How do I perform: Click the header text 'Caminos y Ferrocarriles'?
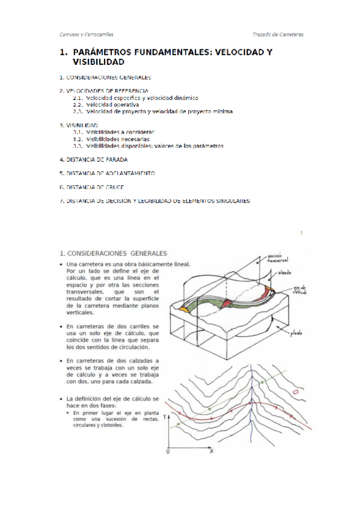coord(87,34)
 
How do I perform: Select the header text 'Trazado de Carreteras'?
coord(278,34)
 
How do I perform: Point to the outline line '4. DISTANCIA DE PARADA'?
coord(93,159)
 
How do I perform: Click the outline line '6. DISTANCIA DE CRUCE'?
coord(91,187)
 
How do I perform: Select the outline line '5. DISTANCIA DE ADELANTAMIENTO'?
coord(107,173)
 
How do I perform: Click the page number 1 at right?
coord(301,232)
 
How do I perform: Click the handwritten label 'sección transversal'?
coord(277,257)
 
